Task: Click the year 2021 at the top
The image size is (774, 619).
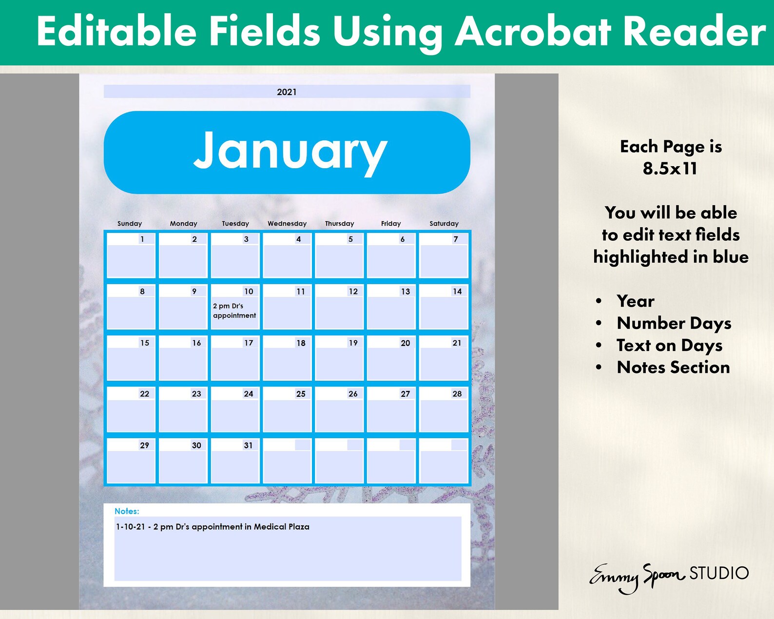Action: tap(287, 92)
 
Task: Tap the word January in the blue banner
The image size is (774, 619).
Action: tap(290, 151)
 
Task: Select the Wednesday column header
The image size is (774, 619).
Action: tap(287, 224)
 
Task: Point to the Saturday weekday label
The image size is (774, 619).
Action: tap(444, 224)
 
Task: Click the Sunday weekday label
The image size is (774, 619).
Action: tap(130, 224)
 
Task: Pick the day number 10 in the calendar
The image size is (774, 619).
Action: tap(249, 291)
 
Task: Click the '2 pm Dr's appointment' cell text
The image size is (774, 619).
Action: tap(234, 311)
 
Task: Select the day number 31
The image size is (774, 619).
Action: tap(248, 445)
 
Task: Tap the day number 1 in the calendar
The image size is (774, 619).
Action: tap(142, 239)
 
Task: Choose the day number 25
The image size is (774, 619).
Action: tap(301, 394)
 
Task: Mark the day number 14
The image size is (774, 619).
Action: tap(457, 291)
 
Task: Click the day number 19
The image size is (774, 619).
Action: tap(353, 343)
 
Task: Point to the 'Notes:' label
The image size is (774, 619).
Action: tap(127, 511)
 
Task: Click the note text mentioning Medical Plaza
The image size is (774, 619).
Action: tap(213, 527)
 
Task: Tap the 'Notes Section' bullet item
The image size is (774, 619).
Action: tap(673, 368)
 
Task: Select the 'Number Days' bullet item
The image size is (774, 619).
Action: tap(674, 323)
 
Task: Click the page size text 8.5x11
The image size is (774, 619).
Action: tap(670, 169)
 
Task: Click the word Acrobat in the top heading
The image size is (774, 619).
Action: tap(533, 32)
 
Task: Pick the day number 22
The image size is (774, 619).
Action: tap(145, 394)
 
